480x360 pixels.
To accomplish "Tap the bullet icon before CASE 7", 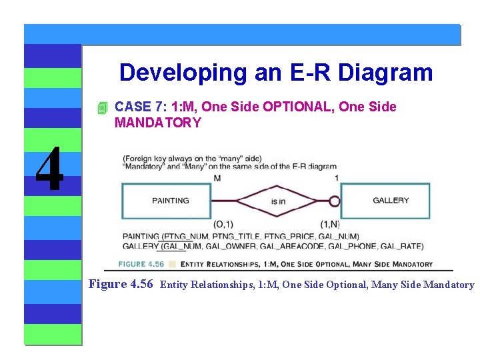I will [x=101, y=108].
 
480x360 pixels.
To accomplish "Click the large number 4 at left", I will [x=50, y=169].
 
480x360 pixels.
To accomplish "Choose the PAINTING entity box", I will [x=170, y=201].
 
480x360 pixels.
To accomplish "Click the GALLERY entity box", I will [x=391, y=201].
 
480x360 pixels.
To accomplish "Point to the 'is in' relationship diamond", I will [x=278, y=201].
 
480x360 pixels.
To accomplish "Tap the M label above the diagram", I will [x=217, y=178].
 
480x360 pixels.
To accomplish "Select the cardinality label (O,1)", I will [x=223, y=224].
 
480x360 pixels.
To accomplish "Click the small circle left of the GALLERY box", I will [x=335, y=201].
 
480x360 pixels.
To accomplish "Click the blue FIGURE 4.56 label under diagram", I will [x=141, y=264].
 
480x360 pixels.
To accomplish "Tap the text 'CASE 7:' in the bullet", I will [x=141, y=107].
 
